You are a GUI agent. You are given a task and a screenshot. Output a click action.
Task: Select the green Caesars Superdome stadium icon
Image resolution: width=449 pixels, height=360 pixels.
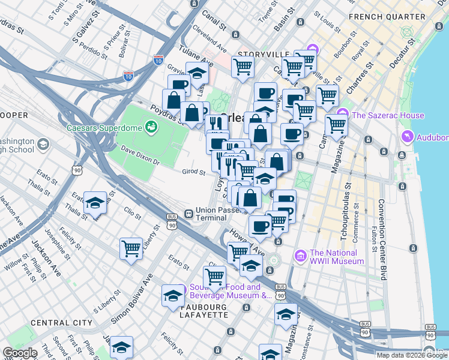tap(151, 127)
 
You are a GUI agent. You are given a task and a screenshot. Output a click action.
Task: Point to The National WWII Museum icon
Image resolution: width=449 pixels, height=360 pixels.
tap(301, 256)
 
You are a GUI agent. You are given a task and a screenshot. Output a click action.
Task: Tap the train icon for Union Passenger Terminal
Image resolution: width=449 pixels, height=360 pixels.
tap(188, 213)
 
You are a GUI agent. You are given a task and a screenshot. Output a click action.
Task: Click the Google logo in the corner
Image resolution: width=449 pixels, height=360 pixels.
tap(20, 353)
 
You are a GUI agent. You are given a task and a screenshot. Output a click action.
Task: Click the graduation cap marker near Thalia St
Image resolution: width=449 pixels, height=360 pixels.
tap(95, 204)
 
